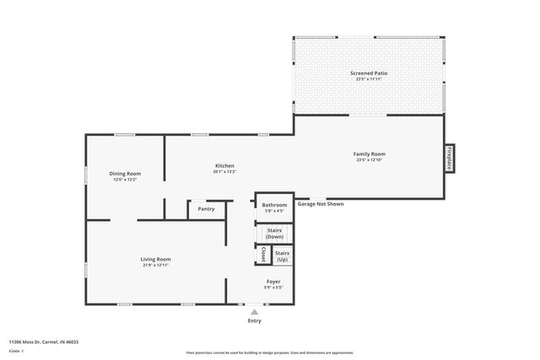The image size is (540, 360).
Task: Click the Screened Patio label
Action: (369, 73)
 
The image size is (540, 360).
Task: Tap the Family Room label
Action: (369, 153)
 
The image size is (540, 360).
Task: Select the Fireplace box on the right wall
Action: (450, 159)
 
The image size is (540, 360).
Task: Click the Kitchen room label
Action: (224, 166)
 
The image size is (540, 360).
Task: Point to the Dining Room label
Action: (125, 173)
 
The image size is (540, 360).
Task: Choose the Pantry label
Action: (206, 209)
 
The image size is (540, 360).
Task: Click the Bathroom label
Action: (274, 205)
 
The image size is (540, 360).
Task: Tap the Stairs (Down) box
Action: (274, 233)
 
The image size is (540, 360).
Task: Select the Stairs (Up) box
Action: (283, 255)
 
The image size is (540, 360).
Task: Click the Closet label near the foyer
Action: (262, 255)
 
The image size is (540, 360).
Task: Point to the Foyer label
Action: (274, 282)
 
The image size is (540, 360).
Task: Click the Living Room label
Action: (156, 259)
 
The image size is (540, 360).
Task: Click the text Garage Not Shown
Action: (320, 204)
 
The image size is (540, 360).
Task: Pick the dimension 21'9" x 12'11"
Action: (156, 266)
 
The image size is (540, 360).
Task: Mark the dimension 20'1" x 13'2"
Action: (224, 172)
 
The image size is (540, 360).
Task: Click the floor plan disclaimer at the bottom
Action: (269, 352)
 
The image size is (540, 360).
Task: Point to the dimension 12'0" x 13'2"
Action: (125, 180)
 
